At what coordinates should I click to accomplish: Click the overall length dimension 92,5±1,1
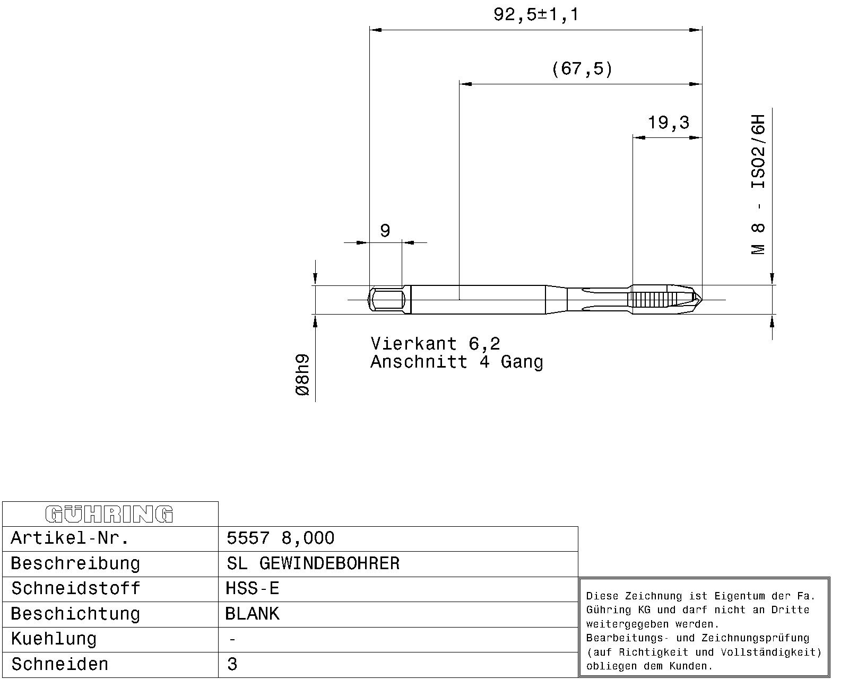(x=536, y=15)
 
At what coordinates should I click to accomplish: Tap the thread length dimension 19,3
(x=669, y=123)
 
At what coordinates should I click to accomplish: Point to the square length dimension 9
(x=385, y=230)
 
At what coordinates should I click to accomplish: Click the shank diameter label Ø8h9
(x=303, y=375)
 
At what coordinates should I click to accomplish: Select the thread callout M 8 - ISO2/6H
(x=758, y=185)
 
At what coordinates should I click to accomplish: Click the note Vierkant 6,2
(x=435, y=344)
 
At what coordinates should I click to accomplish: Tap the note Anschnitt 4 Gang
(x=457, y=362)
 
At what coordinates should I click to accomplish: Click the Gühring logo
(x=109, y=514)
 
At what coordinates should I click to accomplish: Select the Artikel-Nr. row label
(x=70, y=538)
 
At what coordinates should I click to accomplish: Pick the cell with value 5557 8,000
(x=281, y=538)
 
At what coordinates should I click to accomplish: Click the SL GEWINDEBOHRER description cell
(x=313, y=563)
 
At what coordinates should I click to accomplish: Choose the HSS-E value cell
(x=253, y=589)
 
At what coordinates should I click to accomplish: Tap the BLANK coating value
(x=253, y=614)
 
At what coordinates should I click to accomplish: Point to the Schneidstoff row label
(x=76, y=589)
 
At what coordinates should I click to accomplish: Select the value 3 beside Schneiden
(x=232, y=665)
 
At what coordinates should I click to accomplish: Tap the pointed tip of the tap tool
(x=701, y=300)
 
